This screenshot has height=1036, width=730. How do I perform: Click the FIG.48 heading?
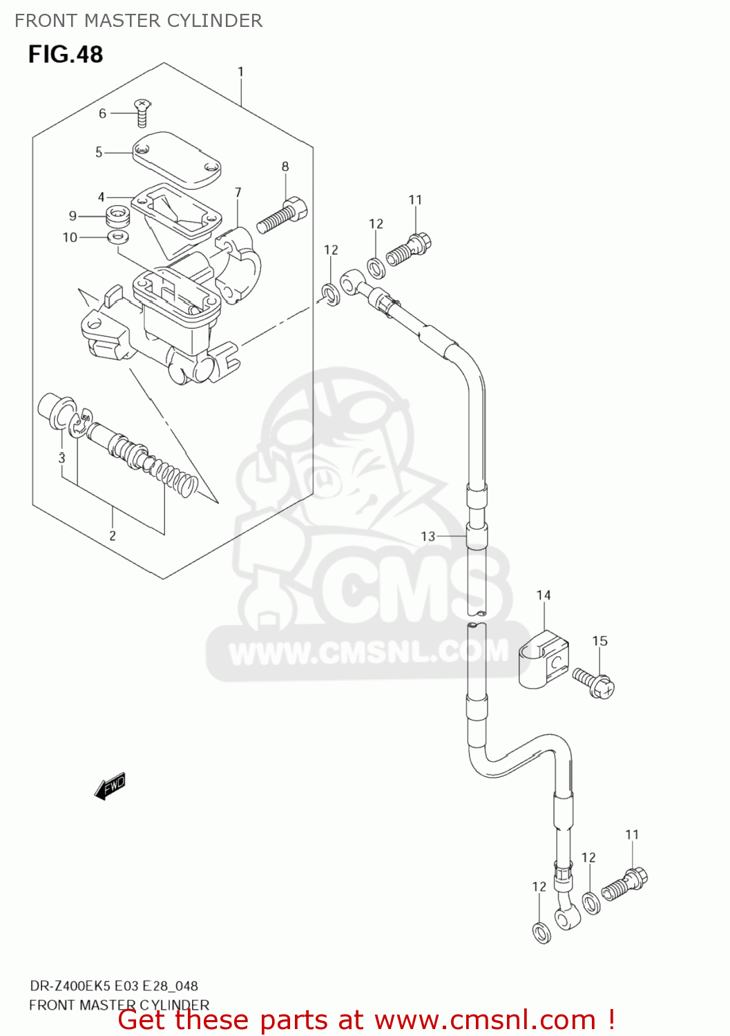(66, 55)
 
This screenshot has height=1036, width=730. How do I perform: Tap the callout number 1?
(240, 72)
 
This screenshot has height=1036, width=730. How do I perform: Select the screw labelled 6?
(142, 113)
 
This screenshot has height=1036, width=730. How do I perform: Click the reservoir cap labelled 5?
(177, 160)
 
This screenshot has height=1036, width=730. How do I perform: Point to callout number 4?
(102, 197)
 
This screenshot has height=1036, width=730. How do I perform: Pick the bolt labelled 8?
(282, 213)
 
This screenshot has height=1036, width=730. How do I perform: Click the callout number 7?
(238, 193)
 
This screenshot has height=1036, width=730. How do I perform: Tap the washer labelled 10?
(119, 238)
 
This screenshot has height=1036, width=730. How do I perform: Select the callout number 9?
(73, 216)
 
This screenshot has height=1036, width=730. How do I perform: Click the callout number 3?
(61, 458)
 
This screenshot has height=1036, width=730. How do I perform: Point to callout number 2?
(113, 535)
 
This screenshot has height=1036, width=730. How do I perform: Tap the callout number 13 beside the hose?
(428, 536)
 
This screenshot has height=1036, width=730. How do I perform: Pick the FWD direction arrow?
(110, 786)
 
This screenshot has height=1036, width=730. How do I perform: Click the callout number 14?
(544, 595)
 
